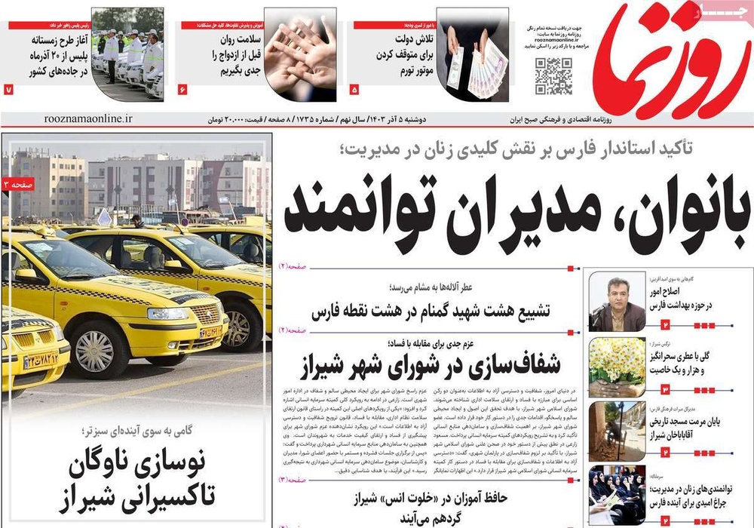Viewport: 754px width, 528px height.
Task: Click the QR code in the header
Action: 554,76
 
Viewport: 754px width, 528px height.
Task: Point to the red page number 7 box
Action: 9,90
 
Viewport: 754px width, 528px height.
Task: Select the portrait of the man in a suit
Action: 617,302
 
